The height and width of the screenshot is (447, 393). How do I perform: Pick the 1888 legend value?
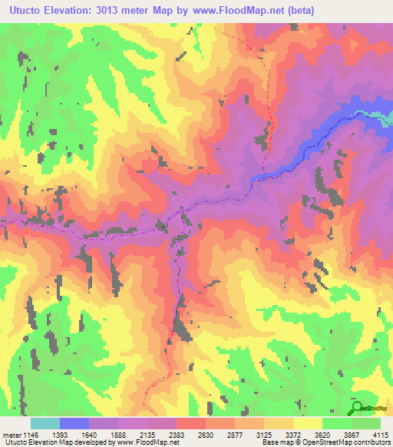tap(119, 435)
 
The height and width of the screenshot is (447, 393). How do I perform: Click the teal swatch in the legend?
tap(45, 423)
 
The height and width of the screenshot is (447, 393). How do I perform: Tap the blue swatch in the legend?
tap(74, 423)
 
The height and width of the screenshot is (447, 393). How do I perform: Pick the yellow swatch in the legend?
tap(307, 423)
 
